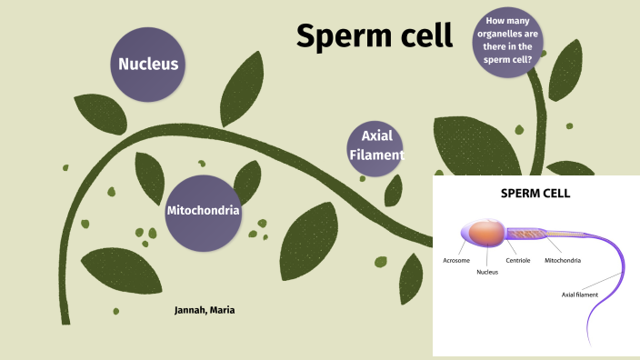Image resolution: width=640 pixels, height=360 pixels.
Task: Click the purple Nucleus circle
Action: coord(148,65)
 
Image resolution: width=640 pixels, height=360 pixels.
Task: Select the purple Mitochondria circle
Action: coord(203,211)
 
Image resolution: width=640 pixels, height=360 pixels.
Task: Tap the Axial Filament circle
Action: coord(375,146)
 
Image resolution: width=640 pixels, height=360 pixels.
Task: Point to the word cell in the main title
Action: coord(421,35)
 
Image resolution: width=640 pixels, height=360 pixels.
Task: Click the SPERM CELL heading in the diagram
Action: coord(535,194)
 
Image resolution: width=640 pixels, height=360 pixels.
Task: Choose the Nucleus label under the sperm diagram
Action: coord(487,271)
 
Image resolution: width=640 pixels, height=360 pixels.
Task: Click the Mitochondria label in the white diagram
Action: coord(563,260)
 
